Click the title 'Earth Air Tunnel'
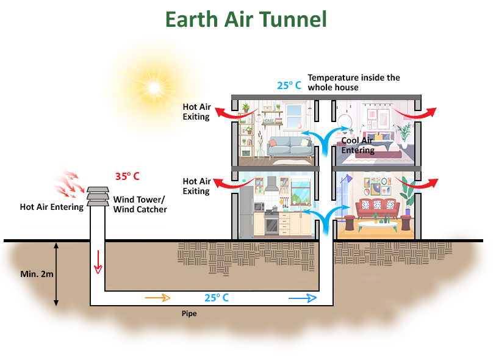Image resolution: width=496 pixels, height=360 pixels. [246, 20]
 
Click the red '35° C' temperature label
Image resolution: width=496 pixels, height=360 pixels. [128, 177]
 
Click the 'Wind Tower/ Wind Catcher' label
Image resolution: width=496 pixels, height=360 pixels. [140, 204]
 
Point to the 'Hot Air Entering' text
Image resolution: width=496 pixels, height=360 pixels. [51, 207]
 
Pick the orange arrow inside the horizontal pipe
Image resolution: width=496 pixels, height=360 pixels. [157, 298]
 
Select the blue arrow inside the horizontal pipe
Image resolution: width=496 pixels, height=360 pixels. [303, 298]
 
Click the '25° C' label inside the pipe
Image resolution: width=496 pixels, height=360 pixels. [217, 298]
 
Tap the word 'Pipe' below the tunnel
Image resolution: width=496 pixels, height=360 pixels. [189, 314]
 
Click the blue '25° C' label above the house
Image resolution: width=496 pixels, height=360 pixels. [289, 85]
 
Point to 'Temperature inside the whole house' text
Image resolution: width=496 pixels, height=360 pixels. [353, 82]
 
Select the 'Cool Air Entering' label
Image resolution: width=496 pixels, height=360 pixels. [358, 145]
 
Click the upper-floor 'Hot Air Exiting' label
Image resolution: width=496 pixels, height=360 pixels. [196, 112]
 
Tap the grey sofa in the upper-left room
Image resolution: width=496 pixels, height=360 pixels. [290, 145]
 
